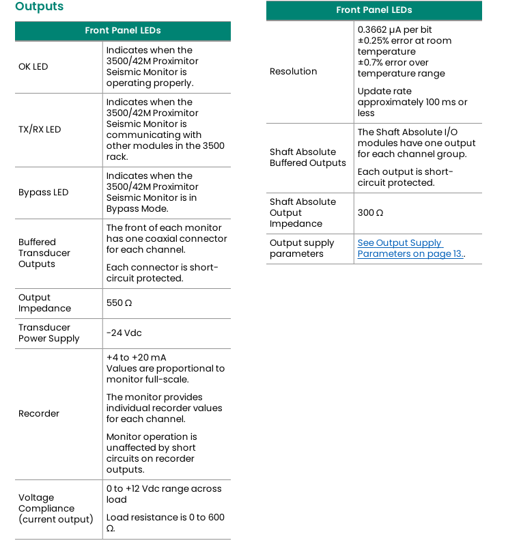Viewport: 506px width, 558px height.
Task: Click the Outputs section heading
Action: (x=39, y=7)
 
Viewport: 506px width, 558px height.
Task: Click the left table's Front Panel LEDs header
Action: (x=123, y=31)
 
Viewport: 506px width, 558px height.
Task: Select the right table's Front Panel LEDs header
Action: (x=374, y=10)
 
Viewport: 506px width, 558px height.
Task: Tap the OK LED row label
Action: (x=33, y=67)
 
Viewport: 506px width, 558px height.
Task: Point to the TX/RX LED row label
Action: (x=40, y=130)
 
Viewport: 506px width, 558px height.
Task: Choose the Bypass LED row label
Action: (x=44, y=193)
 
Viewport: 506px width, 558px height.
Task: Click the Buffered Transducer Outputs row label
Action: (x=44, y=253)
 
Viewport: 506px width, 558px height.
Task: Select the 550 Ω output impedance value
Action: (x=119, y=303)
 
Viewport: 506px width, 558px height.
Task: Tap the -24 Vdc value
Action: (x=124, y=333)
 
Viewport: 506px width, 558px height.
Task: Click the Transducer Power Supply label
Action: (x=49, y=333)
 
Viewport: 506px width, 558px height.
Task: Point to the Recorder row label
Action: (x=39, y=414)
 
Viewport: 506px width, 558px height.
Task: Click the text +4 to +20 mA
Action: (x=136, y=358)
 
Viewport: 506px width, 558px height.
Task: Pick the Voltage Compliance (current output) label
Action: (x=55, y=509)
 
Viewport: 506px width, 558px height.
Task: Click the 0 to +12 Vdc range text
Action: (x=164, y=489)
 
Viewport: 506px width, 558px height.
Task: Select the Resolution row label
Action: (x=294, y=72)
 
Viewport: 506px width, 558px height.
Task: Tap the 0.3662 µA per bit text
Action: (x=395, y=30)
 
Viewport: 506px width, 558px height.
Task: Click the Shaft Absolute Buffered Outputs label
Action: (x=308, y=158)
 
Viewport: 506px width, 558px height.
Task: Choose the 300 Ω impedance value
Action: (x=370, y=213)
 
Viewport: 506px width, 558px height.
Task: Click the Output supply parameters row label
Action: (x=302, y=249)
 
